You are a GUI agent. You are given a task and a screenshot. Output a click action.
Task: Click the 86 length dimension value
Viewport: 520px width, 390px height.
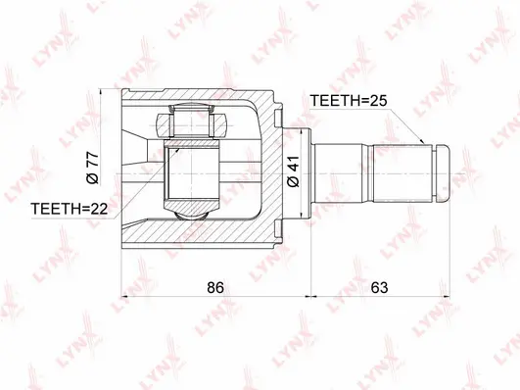coord(215,289)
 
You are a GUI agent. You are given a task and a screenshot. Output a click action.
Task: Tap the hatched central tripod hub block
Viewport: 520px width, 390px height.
coord(192,172)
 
